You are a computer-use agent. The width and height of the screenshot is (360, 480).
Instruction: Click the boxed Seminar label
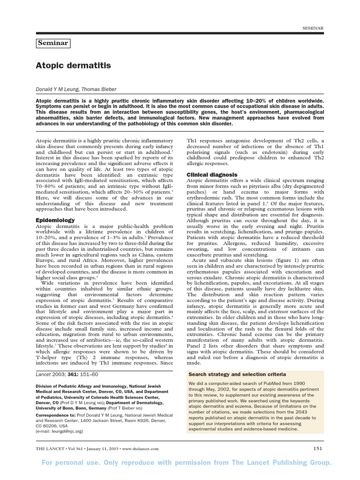(x=53, y=43)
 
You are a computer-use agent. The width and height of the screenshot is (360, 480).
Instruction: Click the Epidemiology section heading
(x=55, y=220)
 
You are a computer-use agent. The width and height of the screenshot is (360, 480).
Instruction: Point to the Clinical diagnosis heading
(x=212, y=174)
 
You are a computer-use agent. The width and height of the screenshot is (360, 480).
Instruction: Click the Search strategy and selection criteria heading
(x=237, y=375)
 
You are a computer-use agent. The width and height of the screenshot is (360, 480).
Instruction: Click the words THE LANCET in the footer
(x=51, y=449)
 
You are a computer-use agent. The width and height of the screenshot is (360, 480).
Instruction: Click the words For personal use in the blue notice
(x=75, y=463)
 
